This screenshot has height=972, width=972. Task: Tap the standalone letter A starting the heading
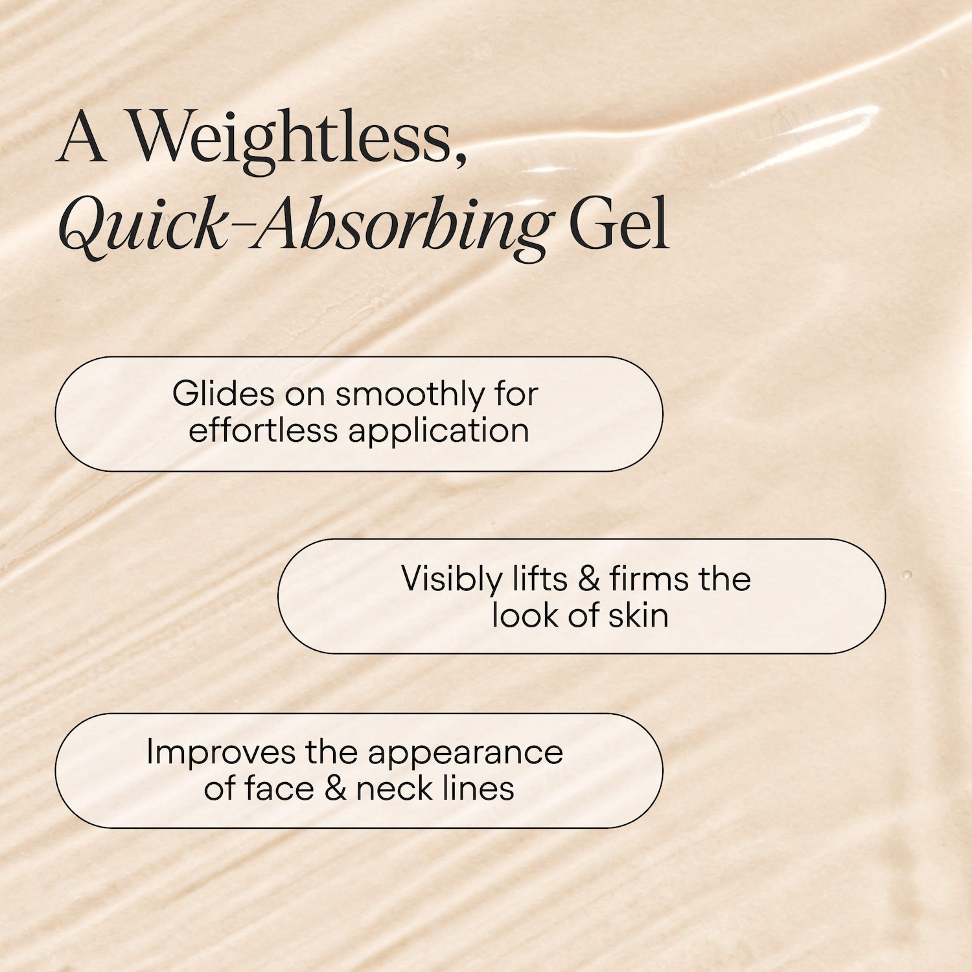[x=82, y=137]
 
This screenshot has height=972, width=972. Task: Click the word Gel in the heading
[x=619, y=224]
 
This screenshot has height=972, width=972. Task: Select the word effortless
[x=263, y=430]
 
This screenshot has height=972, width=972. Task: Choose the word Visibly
[x=452, y=579]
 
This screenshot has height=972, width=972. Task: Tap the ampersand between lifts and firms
[x=588, y=579]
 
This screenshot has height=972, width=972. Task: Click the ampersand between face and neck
[x=335, y=789]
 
